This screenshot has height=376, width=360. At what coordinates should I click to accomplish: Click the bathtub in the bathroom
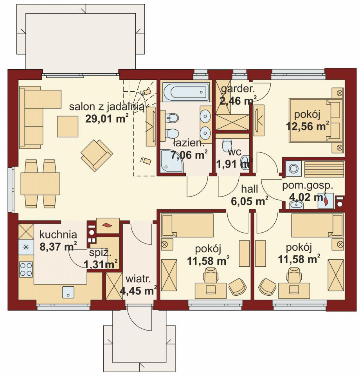[x=185, y=92]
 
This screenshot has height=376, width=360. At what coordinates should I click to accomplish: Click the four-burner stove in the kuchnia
[x=26, y=269]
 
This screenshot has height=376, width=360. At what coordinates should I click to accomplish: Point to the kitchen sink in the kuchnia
[x=68, y=292]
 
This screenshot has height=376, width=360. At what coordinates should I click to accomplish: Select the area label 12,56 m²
[x=307, y=126]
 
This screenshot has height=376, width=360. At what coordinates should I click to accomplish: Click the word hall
[x=250, y=189]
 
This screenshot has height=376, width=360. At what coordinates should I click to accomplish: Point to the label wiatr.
[x=138, y=279]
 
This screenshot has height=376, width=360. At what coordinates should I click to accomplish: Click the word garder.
[x=238, y=89]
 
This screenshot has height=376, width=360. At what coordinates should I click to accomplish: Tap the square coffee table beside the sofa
[x=68, y=127]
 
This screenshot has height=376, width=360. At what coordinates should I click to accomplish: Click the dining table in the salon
[x=40, y=184]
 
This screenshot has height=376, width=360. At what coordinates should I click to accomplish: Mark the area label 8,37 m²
[x=58, y=246]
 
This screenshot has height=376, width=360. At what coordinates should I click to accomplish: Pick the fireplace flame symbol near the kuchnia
[x=108, y=226]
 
